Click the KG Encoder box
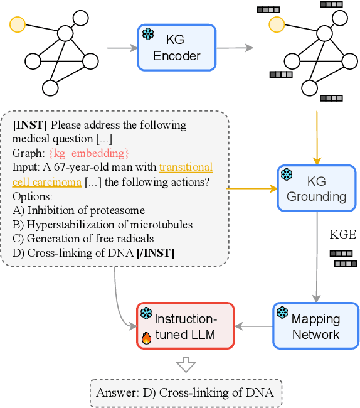176,47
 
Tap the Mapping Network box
315,326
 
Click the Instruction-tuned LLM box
185,326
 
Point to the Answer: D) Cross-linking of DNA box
186,393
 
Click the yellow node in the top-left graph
18,25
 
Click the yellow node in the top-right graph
275,24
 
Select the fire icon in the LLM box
147,338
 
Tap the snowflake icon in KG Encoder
148,34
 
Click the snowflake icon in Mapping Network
282,313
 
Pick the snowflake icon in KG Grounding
287,174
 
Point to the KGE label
342,235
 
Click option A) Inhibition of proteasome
78,210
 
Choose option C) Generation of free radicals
83,238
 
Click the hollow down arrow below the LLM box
186,365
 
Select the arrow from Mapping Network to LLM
253,326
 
